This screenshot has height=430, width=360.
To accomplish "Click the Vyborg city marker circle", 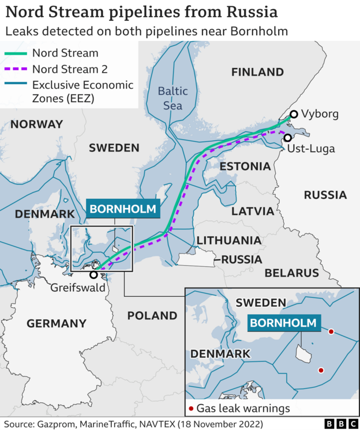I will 294,114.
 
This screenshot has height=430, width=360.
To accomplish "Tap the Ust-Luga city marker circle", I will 287,138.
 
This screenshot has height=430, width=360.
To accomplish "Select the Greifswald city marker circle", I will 93,275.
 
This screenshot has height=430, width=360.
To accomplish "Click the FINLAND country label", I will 257,72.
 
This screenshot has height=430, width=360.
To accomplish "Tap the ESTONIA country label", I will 245,167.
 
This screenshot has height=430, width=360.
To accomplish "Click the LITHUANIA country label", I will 228,240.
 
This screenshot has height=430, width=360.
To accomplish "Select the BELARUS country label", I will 291,273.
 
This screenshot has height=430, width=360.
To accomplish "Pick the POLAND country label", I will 152,315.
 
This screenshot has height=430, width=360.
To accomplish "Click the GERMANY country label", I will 57,323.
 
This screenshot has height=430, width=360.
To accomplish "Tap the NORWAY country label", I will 36,124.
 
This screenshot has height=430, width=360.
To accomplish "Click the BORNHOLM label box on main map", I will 122,209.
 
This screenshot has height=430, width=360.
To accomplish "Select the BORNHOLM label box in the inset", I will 283,323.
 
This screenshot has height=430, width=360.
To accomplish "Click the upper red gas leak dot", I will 331,331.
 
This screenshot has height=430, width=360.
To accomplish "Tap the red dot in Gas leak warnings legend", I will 191,409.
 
